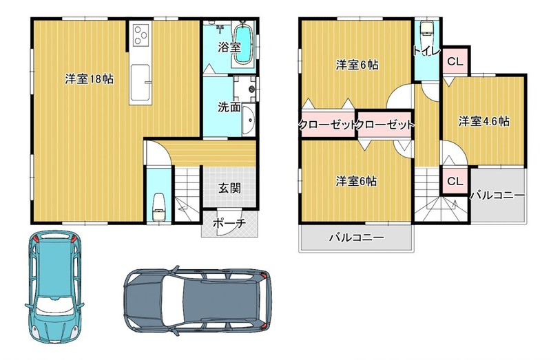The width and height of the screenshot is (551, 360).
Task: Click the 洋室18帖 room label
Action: (89, 79)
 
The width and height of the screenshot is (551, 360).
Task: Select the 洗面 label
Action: (229, 107)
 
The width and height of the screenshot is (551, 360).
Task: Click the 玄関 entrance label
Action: (229, 188)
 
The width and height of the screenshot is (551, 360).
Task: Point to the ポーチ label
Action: (229, 223)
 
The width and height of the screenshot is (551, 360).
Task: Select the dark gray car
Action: (198, 301)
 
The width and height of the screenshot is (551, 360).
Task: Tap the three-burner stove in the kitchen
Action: (141, 35)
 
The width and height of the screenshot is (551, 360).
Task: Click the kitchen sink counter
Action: (141, 83)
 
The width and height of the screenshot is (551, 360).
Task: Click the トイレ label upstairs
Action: (426, 51)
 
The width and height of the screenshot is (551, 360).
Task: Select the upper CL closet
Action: (455, 61)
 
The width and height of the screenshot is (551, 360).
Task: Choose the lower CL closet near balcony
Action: (455, 181)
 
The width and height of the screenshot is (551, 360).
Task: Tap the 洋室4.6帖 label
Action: (484, 122)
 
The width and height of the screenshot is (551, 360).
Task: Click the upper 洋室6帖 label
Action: (357, 65)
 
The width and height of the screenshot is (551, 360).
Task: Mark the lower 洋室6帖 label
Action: (356, 181)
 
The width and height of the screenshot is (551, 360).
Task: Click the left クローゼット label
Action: (327, 125)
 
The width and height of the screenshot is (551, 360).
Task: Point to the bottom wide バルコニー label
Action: (356, 237)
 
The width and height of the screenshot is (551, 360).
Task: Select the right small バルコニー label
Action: (497, 195)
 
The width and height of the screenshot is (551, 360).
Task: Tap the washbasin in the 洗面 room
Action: (249, 120)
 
